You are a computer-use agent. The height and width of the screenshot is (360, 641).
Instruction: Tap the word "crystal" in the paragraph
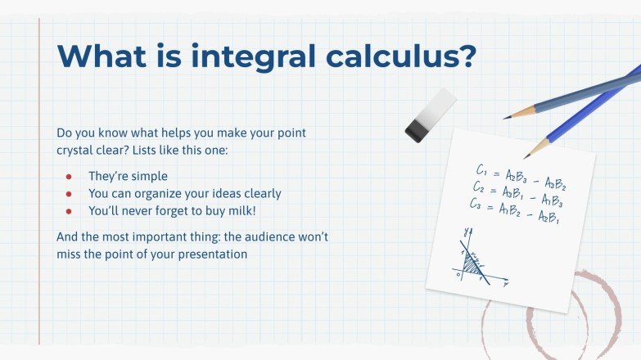(x=79, y=150)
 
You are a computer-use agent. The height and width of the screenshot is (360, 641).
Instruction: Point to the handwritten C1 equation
(x=521, y=175)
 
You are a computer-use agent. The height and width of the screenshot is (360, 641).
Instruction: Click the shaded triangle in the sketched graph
(x=472, y=263)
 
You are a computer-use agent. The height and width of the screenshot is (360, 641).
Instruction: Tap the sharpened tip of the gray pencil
(x=508, y=118)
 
